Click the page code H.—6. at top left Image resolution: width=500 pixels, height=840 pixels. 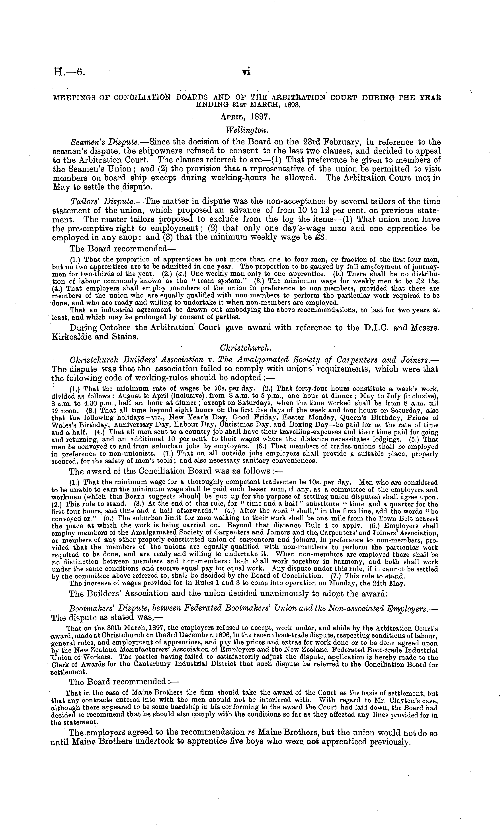point(69,72)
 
